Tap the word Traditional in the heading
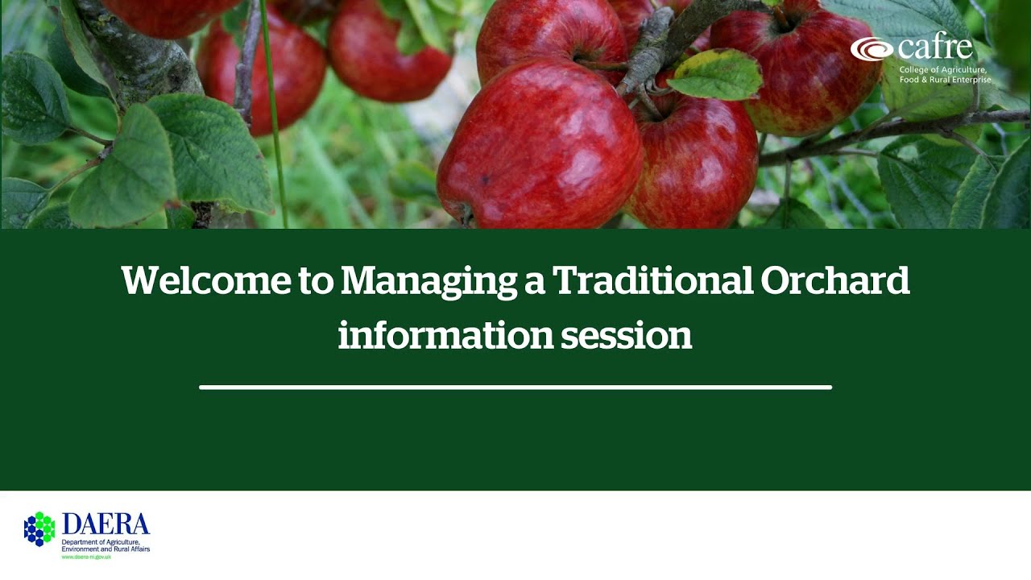[652, 281]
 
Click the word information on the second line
[445, 335]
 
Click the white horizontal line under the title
[515, 387]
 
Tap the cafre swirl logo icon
[872, 49]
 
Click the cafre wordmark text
[934, 48]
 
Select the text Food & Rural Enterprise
[945, 80]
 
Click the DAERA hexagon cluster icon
[39, 528]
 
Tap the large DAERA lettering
[106, 525]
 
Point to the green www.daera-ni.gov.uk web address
[86, 557]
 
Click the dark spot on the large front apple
[487, 180]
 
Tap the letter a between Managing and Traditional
[534, 283]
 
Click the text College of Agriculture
[943, 70]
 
